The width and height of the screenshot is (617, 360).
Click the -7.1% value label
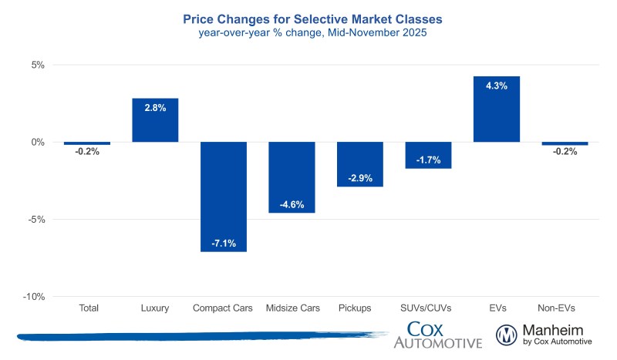pos(224,244)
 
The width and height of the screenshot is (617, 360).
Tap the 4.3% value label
pos(496,86)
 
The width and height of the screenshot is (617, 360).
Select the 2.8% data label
pos(155,108)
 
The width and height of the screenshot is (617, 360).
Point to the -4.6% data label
pos(292,204)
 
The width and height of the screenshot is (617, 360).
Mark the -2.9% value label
pos(359,178)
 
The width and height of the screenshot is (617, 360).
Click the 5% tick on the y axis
pos(39,66)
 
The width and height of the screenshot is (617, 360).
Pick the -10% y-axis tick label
pos(35,297)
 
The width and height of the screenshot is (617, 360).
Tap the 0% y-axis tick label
pos(39,143)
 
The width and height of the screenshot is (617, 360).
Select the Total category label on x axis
pos(89,308)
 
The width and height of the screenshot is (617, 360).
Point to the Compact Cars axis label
pos(224,308)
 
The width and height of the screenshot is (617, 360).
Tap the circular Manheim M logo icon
pos(507,335)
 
